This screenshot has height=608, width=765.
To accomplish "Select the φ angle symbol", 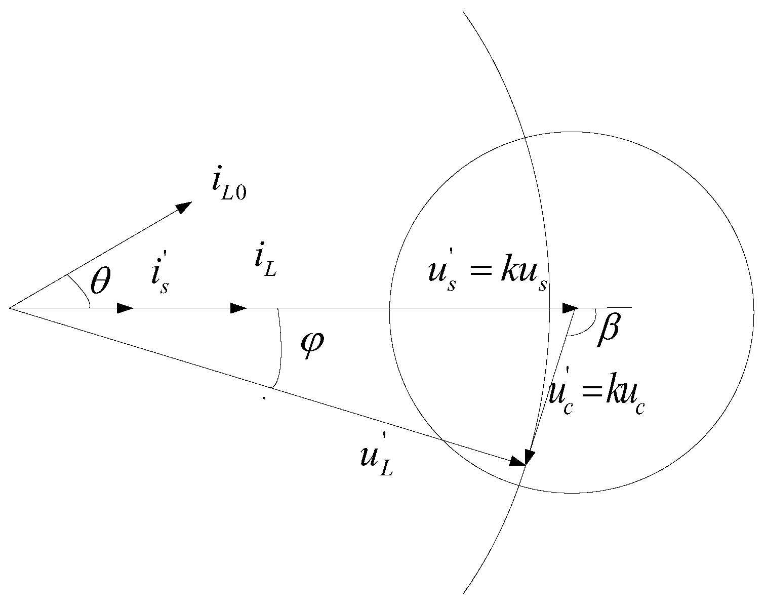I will [x=311, y=346].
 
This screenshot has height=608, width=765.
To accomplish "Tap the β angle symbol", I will [x=608, y=332].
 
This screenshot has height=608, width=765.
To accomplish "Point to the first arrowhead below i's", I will [x=126, y=308].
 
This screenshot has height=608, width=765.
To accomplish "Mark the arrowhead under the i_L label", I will [x=239, y=308].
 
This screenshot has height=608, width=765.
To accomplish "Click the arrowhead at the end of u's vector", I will [x=571, y=308].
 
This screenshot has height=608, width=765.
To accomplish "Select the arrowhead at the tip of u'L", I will [x=518, y=461].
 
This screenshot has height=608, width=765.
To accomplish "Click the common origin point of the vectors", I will [x=10, y=308].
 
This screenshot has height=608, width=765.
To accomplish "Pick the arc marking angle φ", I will [x=279, y=349].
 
